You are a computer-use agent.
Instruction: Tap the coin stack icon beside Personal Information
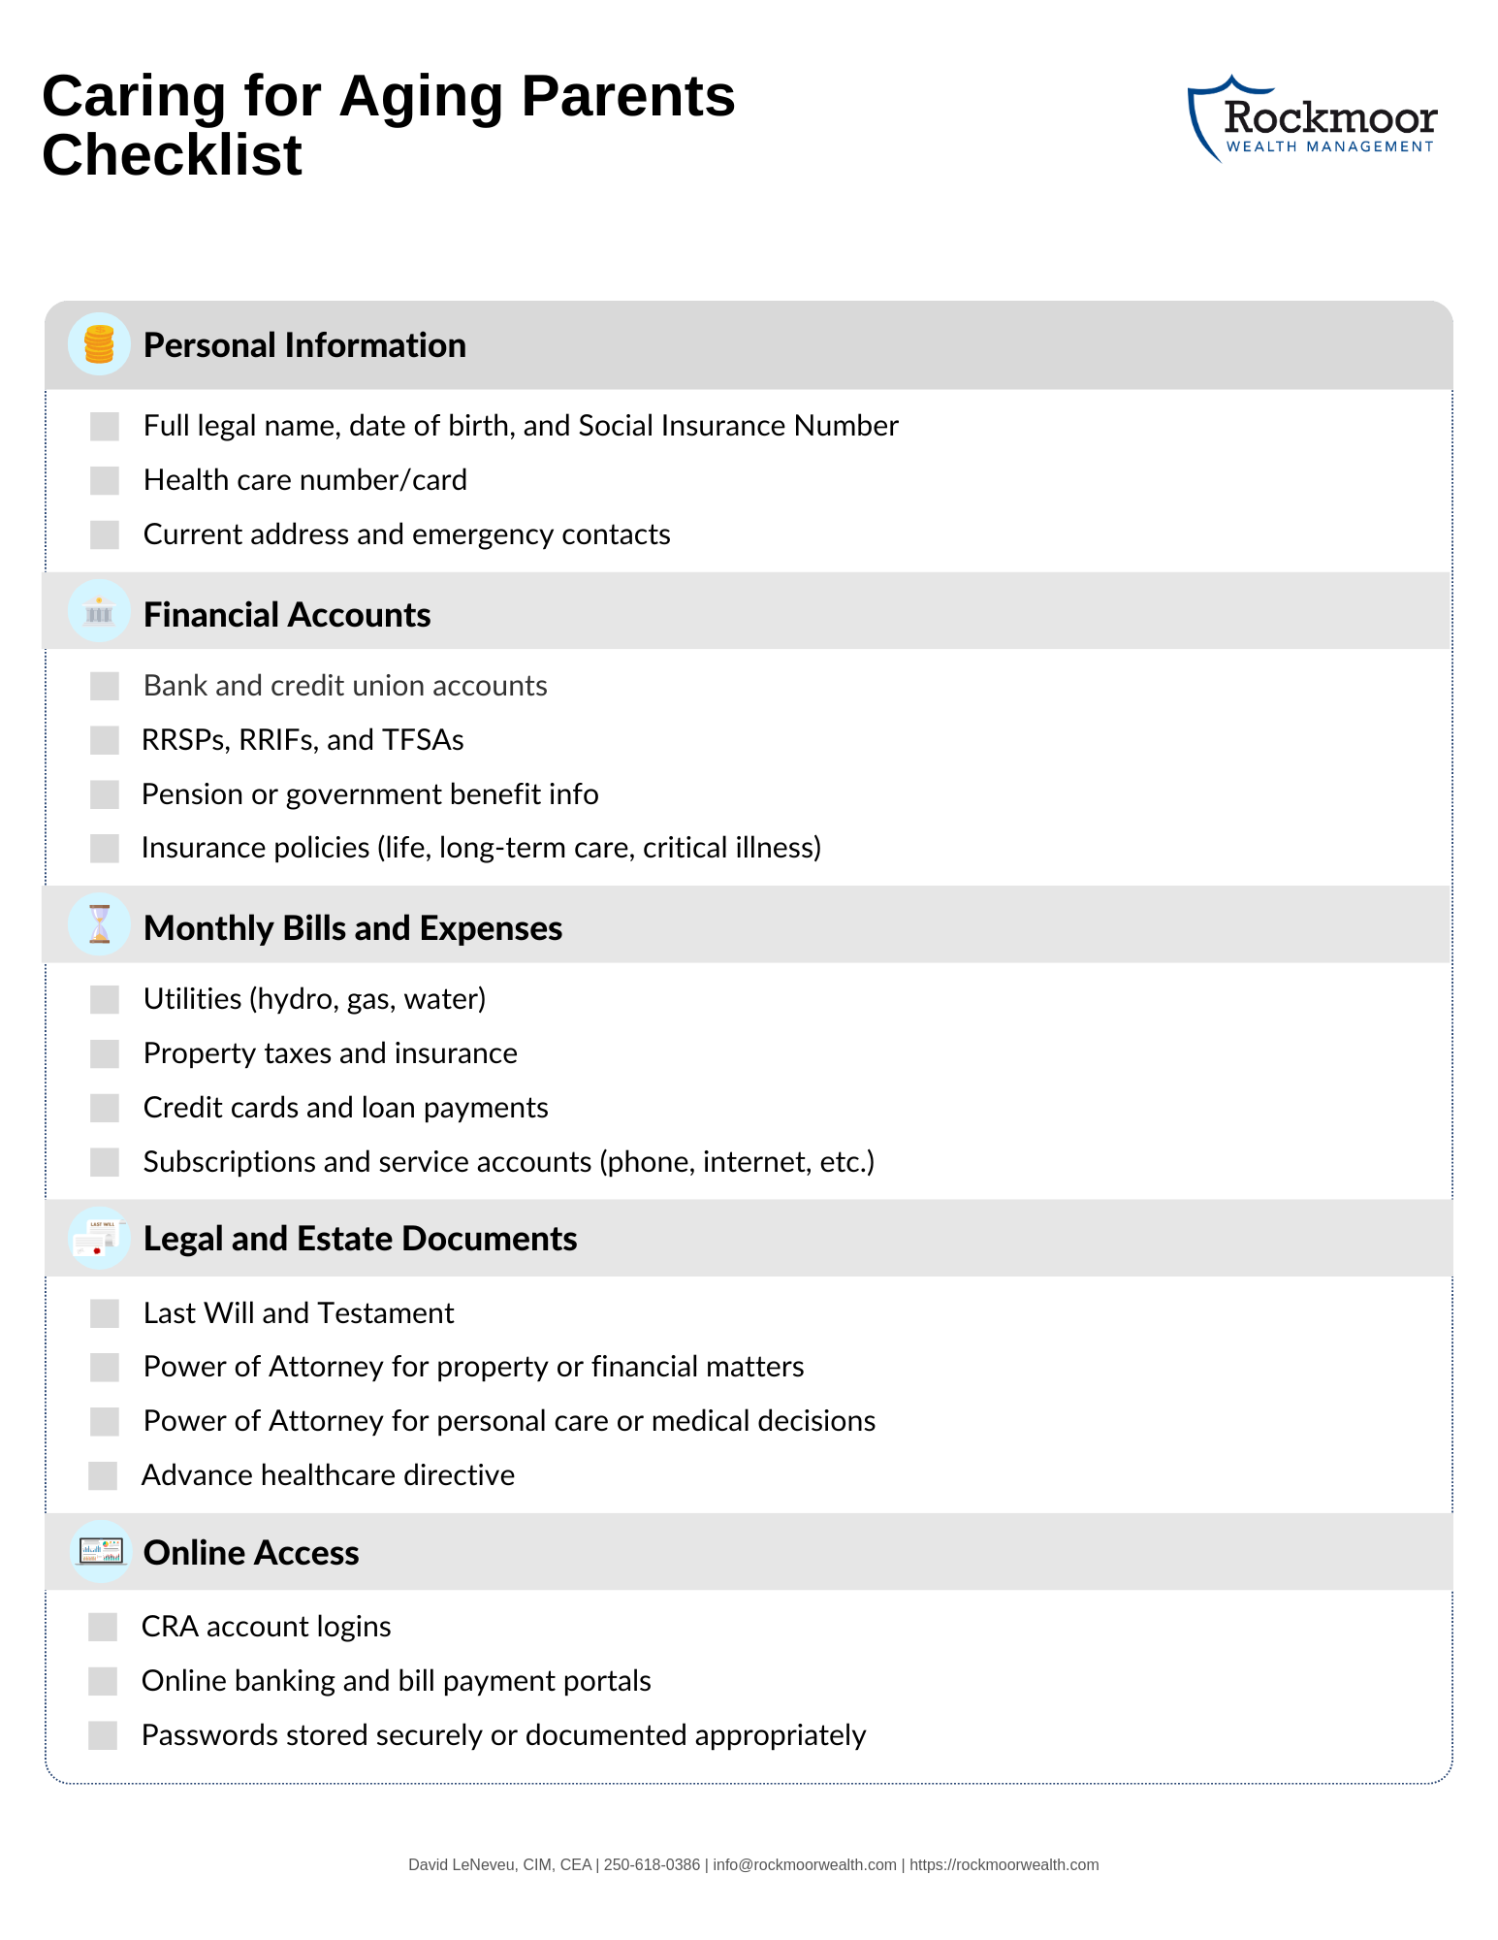99,344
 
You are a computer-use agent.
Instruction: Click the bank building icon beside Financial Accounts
99,611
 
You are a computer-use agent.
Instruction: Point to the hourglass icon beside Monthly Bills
99,924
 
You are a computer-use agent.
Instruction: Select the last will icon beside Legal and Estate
99,1239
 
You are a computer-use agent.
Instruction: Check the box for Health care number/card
105,480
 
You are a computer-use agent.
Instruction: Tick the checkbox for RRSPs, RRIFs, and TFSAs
105,740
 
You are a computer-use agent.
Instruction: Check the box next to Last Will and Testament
105,1313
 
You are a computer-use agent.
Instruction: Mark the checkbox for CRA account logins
103,1627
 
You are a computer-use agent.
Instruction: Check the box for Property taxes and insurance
105,1053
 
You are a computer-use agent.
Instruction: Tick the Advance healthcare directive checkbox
103,1475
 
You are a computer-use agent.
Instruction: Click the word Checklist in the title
173,155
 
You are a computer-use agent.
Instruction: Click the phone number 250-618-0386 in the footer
652,1864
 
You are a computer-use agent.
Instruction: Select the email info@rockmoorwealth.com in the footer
805,1864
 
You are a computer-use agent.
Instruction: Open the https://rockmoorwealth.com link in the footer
1004,1864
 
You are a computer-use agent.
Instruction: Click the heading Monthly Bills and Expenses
353,928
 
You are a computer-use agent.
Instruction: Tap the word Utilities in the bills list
192,999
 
